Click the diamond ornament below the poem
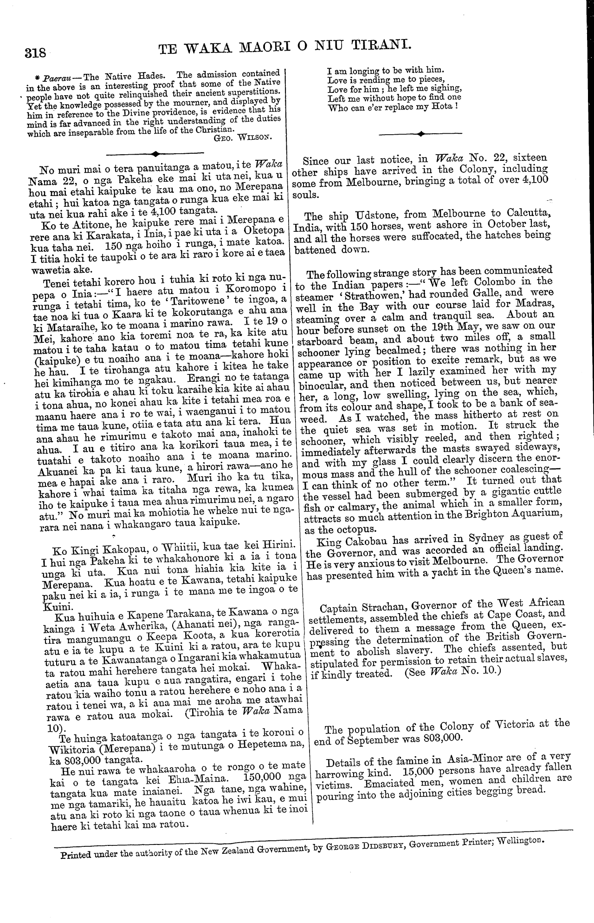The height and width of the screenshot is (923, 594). [x=421, y=134]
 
